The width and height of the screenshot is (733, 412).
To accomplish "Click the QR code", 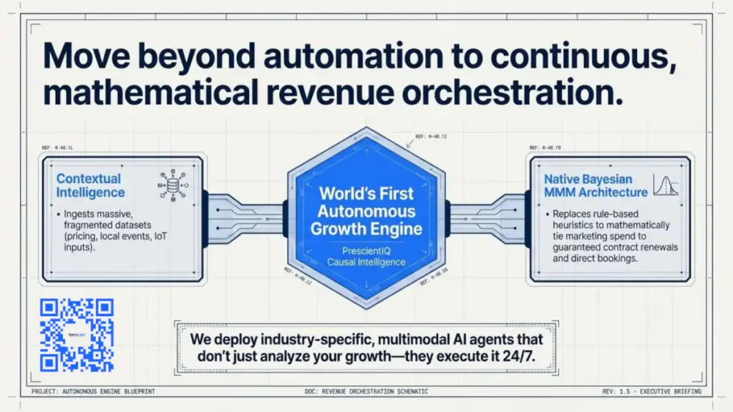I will pyautogui.click(x=77, y=335).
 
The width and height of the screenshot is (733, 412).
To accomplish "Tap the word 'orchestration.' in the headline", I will pyautogui.click(x=520, y=94).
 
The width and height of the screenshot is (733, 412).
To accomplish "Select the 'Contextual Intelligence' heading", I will pyautogui.click(x=90, y=185).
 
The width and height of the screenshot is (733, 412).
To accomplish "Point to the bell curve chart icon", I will pyautogui.click(x=666, y=185).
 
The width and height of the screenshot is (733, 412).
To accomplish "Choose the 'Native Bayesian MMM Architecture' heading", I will pyautogui.click(x=596, y=185).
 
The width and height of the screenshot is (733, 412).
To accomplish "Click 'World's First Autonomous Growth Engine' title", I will pyautogui.click(x=366, y=211).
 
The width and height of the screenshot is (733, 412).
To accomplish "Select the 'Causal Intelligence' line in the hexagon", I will pyautogui.click(x=366, y=262).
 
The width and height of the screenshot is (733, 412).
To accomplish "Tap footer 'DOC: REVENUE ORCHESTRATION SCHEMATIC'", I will pyautogui.click(x=366, y=392).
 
